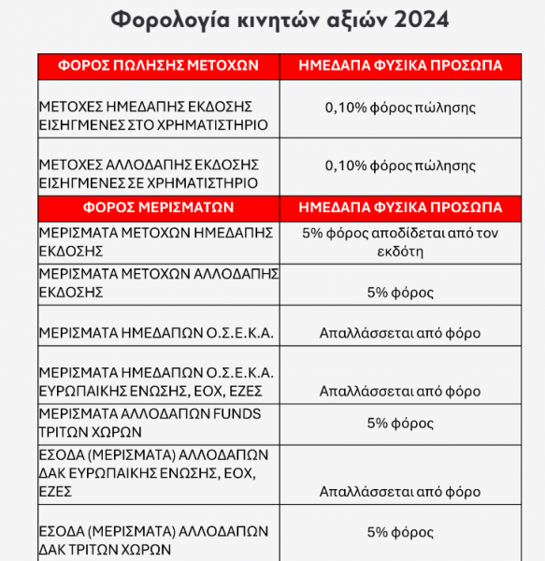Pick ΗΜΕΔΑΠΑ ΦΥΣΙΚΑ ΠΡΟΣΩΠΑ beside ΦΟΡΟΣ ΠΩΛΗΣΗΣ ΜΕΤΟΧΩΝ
(x=399, y=65)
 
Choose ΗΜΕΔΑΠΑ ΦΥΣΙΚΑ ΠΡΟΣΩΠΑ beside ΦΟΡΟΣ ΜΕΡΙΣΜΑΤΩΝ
(x=399, y=208)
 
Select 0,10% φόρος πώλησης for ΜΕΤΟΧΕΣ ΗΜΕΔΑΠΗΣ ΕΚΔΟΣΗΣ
(x=399, y=108)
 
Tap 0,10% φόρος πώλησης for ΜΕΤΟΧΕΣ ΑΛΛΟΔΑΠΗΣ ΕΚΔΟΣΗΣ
(x=399, y=165)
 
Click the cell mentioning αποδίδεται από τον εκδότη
(x=403, y=240)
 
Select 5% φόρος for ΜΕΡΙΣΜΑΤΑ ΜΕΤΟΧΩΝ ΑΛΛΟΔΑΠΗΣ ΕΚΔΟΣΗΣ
(x=400, y=293)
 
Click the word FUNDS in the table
(x=237, y=413)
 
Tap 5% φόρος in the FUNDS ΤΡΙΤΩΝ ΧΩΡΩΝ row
(x=400, y=423)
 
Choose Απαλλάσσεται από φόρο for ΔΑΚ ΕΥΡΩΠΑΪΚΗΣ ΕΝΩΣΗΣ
(x=400, y=491)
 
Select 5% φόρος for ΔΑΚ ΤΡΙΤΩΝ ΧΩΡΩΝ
(x=400, y=532)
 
